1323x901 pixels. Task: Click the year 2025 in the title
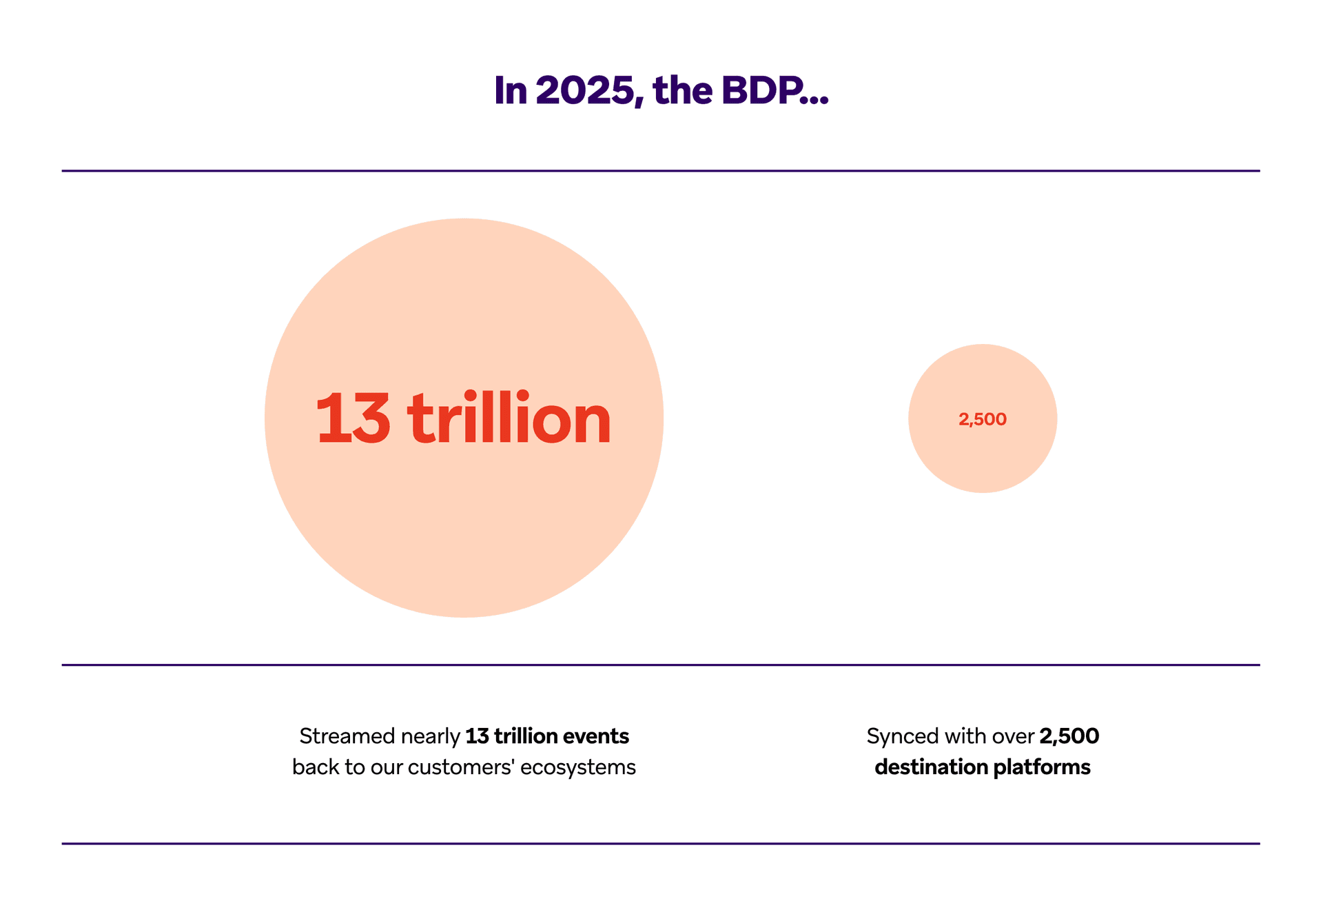tap(584, 90)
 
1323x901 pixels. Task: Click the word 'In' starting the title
tap(510, 90)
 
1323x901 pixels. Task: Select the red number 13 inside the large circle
tap(353, 419)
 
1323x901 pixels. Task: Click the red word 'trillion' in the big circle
tap(509, 419)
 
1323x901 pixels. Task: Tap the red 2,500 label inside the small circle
tap(982, 419)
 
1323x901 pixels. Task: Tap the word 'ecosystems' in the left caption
tap(577, 768)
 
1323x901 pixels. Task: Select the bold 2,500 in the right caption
tap(1069, 736)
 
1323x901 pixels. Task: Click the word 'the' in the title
tap(682, 90)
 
